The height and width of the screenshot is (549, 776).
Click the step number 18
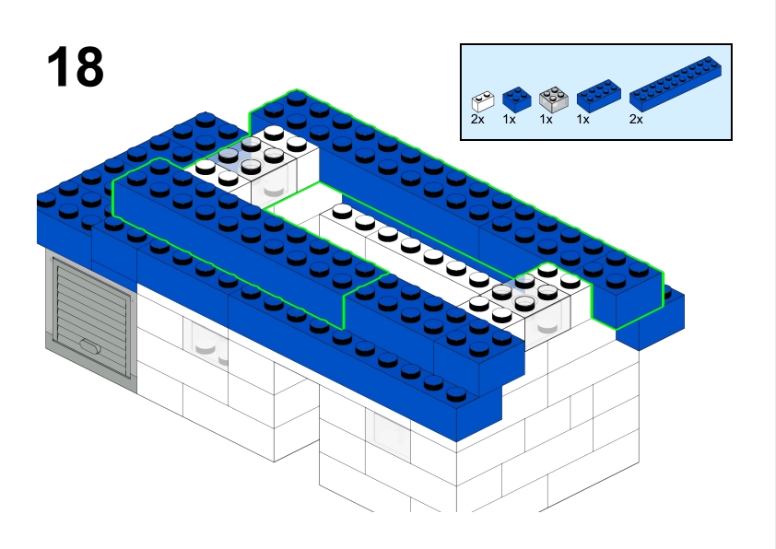pos(75,68)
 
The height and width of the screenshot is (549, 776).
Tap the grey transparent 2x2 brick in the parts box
pos(553,98)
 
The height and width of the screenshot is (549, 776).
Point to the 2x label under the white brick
pos(477,119)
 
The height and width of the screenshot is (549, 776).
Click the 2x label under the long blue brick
pos(637,119)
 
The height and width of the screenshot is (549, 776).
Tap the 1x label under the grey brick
pos(546,119)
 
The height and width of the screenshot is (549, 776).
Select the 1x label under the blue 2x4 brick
pos(583,119)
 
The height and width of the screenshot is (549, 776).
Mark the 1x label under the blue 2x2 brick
pos(510,119)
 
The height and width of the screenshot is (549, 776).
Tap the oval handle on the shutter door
pos(89,346)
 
